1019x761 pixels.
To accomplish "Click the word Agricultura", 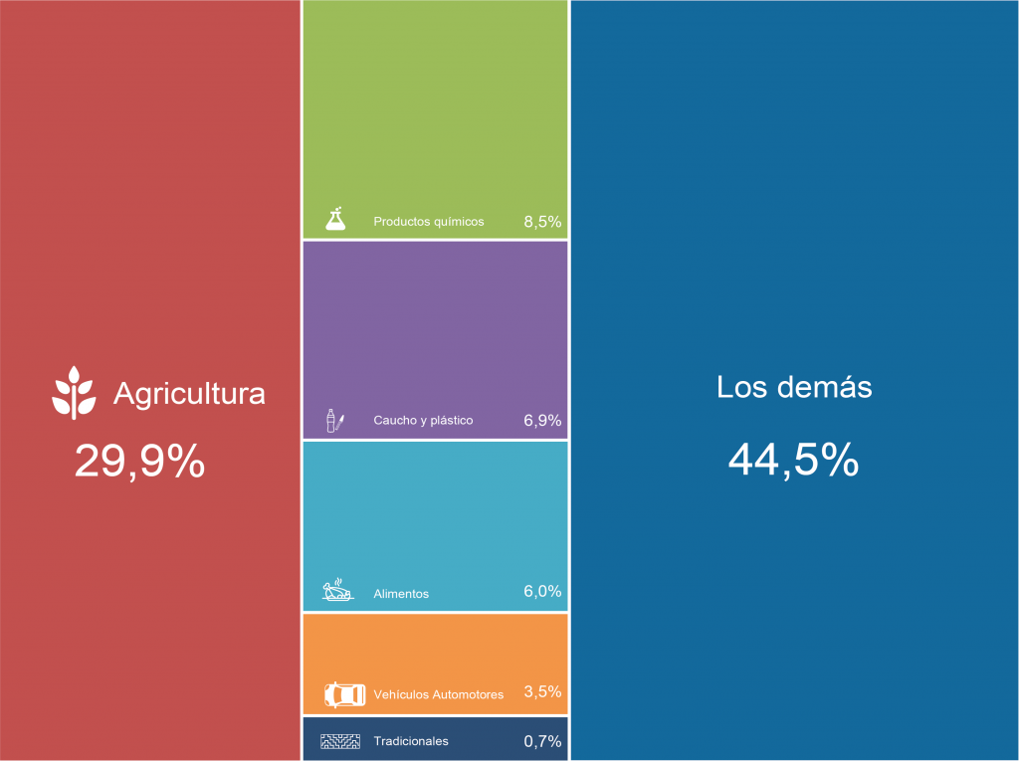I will pos(189,394).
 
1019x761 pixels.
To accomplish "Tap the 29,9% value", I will pos(140,462).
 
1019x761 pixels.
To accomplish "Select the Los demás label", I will pos(794,387).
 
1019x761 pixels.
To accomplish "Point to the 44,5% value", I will pos(793,460).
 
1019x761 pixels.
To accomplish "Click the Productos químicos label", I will pos(429,222).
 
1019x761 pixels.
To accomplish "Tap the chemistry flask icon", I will pos(336,219).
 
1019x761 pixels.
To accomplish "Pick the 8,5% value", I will pos(542,222).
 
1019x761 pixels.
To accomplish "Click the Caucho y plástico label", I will pos(423,421).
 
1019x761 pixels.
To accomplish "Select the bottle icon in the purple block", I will pos(334,421).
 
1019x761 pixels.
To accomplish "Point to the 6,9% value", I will pos(542,421).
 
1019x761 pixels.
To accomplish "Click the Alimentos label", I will pos(401,594).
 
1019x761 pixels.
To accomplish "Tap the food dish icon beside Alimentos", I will pos(337,591).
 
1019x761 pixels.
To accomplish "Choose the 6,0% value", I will pos(542,592).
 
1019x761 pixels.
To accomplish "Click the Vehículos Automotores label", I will pos(438,694).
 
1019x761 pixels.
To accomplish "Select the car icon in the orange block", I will pos(344,693).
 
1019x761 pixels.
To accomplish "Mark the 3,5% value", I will pos(542,692).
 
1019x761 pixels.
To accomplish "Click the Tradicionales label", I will pos(411,741).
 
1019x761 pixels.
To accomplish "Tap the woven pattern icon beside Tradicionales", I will pos(338,741).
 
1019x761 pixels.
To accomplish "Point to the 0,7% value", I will pos(542,741).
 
